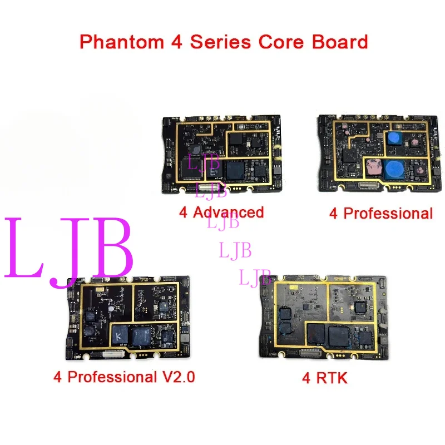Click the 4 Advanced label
pyautogui.click(x=221, y=212)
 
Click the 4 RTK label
pyautogui.click(x=324, y=379)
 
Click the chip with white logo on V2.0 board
pyautogui.click(x=120, y=335)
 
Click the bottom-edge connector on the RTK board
pyautogui.click(x=311, y=351)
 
